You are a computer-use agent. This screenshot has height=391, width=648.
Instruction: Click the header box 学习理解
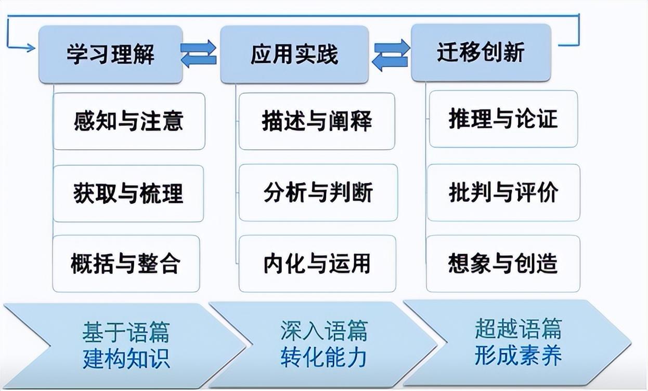coord(111,54)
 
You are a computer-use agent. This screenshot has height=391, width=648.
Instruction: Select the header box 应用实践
coord(294,54)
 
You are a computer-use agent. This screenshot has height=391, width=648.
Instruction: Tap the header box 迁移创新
coord(481,53)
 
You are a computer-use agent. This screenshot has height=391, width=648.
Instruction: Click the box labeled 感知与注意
coord(129,121)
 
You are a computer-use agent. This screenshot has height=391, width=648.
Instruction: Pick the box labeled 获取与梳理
coord(128,193)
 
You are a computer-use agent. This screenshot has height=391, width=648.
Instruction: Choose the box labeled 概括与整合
coord(126,264)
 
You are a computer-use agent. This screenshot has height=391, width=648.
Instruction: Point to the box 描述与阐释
coord(317,121)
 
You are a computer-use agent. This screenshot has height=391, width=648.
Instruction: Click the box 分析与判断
coord(318,192)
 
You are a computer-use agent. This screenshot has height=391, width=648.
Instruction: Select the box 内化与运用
coord(317,264)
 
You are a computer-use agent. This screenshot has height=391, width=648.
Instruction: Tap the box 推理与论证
coord(503,119)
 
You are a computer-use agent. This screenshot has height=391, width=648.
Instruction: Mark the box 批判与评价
coord(503,192)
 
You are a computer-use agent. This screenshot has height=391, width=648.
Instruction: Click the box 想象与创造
coord(503,264)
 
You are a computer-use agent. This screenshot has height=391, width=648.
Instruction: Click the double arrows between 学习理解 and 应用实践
coord(198,54)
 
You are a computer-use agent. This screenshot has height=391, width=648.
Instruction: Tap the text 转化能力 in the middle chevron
coord(324,358)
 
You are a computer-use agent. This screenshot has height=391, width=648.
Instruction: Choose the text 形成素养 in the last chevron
coord(518,356)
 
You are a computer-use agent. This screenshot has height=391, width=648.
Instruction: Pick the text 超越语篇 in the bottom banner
coord(518,329)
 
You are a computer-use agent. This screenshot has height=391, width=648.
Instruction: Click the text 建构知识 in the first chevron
coord(126,359)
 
